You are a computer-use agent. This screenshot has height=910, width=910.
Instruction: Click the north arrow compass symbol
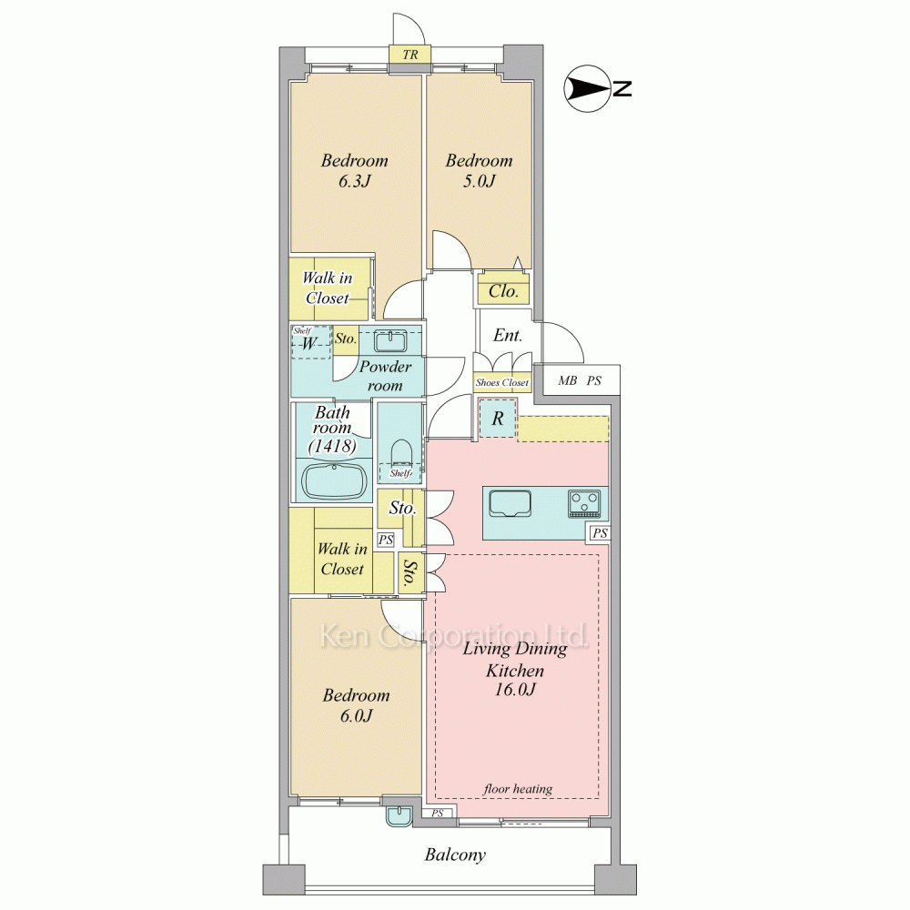click(588, 88)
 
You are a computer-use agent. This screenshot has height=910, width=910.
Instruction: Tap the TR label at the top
click(410, 56)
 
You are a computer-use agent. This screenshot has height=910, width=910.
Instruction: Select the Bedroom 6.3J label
click(354, 171)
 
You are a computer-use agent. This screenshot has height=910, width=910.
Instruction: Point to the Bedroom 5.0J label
click(479, 171)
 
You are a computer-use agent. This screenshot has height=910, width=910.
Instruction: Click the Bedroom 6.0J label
click(356, 705)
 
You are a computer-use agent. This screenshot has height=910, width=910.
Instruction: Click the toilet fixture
click(400, 453)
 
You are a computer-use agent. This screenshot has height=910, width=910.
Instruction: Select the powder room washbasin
click(390, 340)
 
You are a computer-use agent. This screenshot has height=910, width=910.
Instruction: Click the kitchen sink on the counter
click(511, 503)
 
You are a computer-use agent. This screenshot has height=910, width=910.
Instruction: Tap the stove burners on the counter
click(584, 503)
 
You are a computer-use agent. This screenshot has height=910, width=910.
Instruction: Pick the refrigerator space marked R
click(498, 418)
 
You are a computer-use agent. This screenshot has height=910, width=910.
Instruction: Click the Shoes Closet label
click(502, 382)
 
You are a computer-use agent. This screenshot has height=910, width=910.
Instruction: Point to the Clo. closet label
click(502, 291)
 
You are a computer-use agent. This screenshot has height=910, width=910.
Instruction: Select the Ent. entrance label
click(507, 335)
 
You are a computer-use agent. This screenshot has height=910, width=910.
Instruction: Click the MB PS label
click(580, 380)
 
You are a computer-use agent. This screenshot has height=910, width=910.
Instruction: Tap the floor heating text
click(518, 789)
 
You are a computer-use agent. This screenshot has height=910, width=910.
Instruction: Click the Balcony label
click(455, 854)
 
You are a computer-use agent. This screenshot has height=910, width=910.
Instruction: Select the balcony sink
click(399, 814)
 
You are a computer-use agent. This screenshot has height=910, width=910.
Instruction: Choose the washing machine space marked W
click(309, 344)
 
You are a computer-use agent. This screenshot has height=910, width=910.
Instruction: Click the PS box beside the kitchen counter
click(600, 532)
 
